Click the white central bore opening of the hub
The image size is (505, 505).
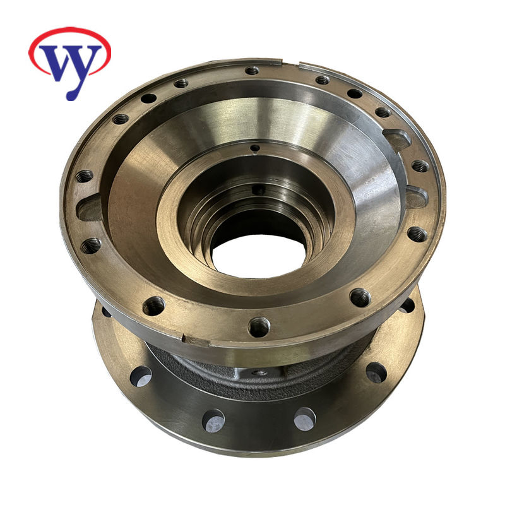click(x=259, y=256)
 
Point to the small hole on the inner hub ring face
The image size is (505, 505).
click(x=255, y=148)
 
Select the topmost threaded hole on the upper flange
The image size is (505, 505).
click(x=252, y=70)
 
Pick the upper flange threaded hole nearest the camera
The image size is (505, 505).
click(x=259, y=327)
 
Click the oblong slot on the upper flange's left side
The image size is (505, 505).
click(x=90, y=208)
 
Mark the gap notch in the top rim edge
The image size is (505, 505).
click(x=290, y=62)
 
